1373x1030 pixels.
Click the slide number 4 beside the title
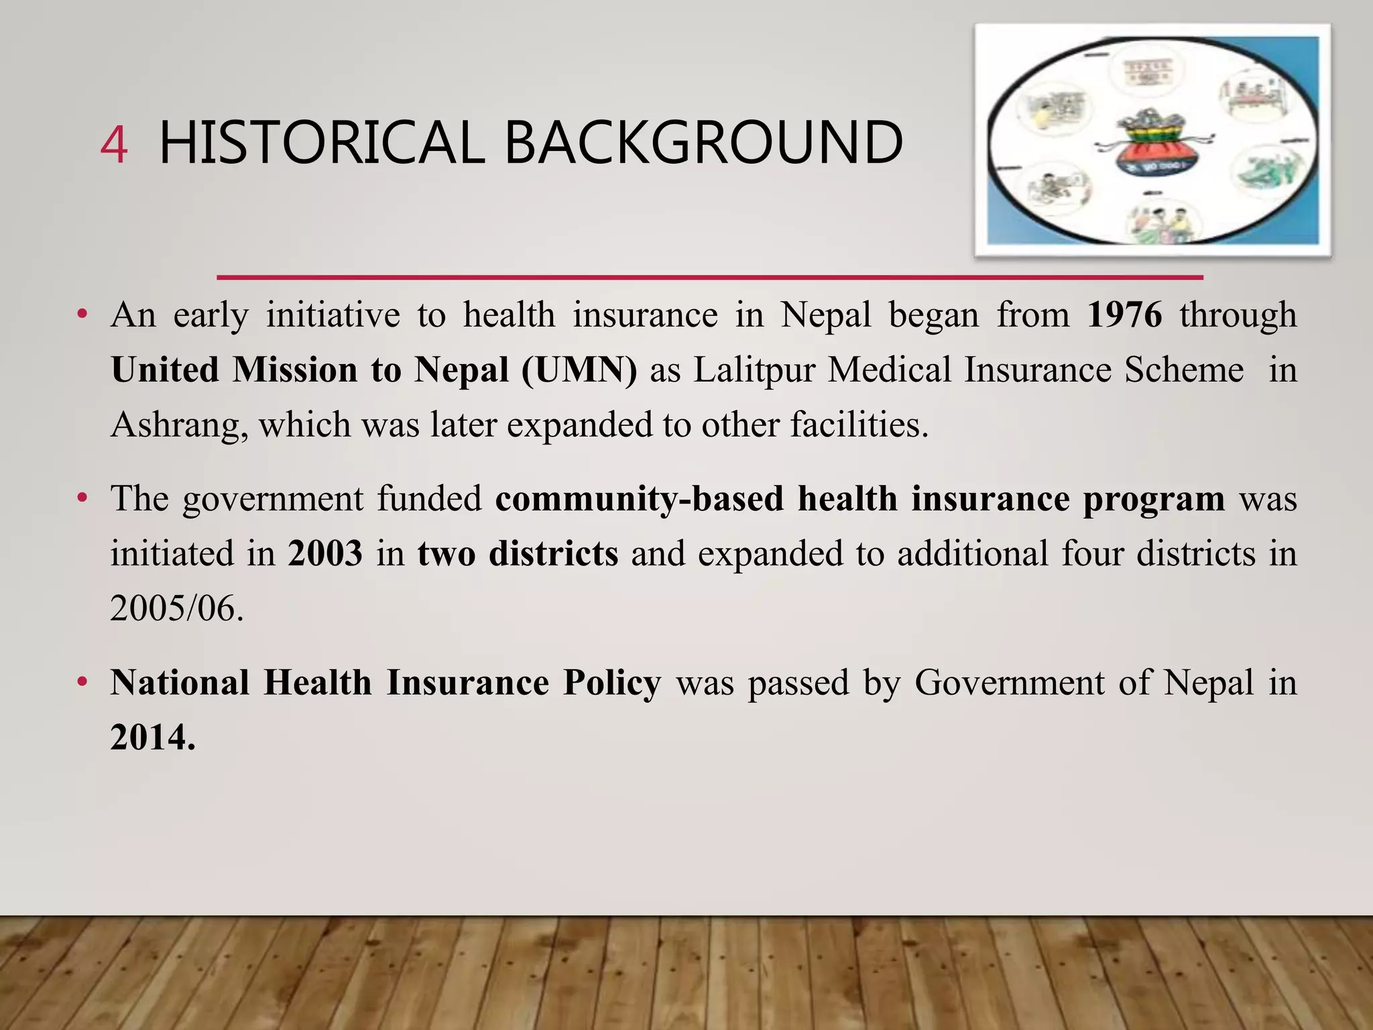click(x=113, y=145)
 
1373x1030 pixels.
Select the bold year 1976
click(x=1124, y=314)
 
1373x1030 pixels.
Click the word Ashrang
click(x=174, y=425)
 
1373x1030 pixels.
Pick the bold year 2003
click(x=325, y=554)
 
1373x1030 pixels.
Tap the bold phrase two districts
click(x=518, y=554)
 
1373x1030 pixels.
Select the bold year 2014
click(x=153, y=738)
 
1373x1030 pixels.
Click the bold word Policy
click(x=611, y=683)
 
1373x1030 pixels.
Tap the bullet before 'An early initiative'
click(x=82, y=314)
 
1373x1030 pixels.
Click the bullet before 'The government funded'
click(x=82, y=499)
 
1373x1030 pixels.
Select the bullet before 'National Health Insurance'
click(x=82, y=683)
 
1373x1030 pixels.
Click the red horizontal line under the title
click(x=709, y=277)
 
